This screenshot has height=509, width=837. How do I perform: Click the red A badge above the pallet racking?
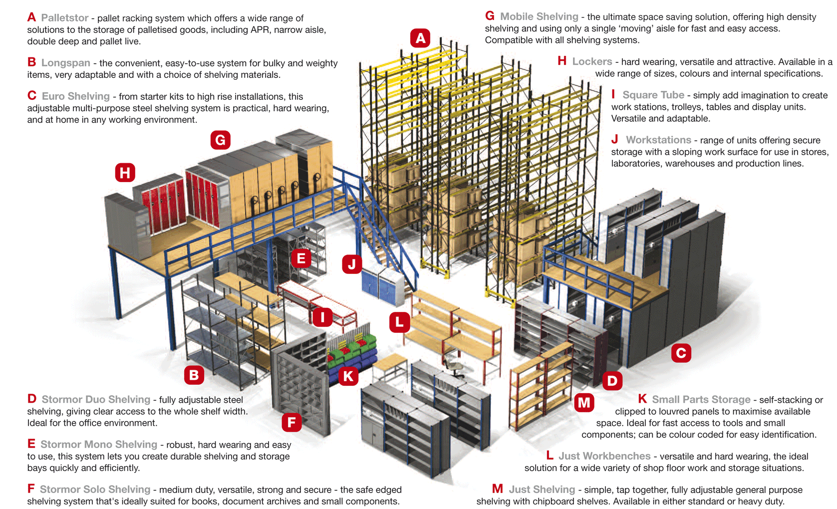420,38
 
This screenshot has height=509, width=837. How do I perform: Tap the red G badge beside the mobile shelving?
220,140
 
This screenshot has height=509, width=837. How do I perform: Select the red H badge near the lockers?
125,173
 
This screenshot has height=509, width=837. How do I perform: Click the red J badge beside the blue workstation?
352,264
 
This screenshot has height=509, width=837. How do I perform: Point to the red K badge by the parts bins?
348,376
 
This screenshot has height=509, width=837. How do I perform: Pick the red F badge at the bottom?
291,423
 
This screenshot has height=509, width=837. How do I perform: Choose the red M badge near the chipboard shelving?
583,402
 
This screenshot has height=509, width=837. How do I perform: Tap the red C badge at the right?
681,353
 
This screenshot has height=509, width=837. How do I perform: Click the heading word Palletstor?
64,18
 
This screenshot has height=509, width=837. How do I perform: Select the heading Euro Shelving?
75,96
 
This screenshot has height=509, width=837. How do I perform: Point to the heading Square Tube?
653,95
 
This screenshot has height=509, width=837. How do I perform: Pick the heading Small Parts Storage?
701,399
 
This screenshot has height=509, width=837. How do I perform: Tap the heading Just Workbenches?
604,456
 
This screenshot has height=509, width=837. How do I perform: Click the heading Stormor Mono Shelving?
98,444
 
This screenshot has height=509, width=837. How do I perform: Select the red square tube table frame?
319,302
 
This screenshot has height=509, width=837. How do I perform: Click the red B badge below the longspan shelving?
194,375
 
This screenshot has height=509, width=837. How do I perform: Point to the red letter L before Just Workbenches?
550,456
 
